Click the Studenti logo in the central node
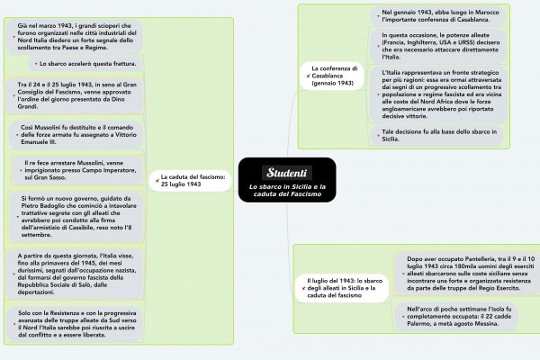pos(288,172)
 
